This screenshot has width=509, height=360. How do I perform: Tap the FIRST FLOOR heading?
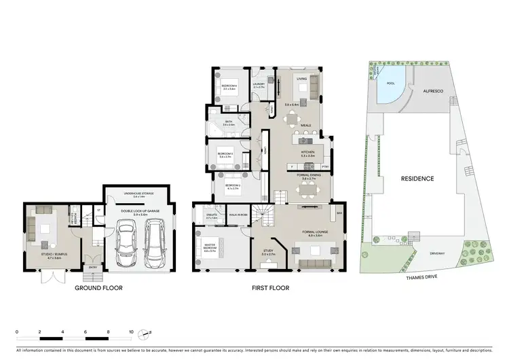pos(270,288)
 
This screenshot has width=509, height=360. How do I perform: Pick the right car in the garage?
pos(155,244)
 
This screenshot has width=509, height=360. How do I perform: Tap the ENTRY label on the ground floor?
pos(92,268)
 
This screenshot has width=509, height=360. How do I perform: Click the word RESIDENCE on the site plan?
pos(417,179)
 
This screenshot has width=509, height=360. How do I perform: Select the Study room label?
pos(268,254)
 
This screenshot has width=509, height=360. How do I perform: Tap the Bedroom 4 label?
pos(229,87)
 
